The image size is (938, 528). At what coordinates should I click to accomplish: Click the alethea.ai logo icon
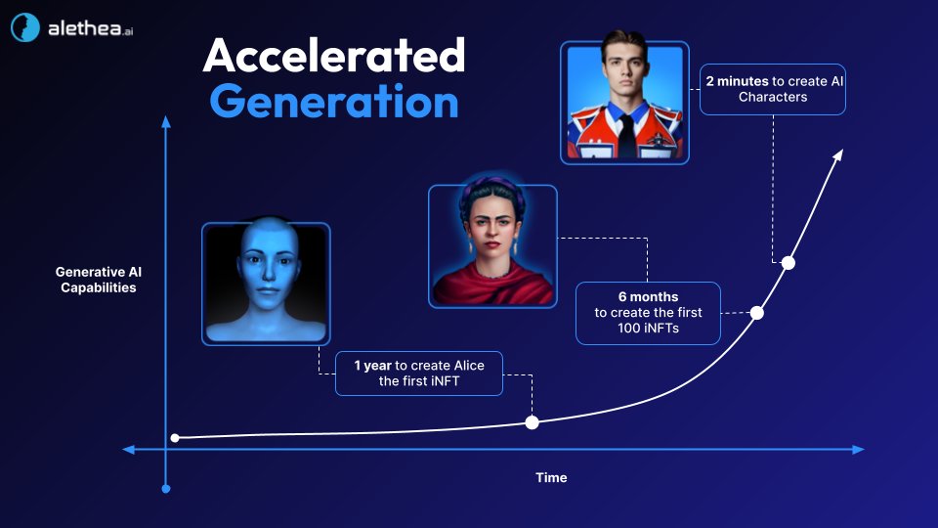[25, 28]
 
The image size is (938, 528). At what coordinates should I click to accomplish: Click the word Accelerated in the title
[333, 57]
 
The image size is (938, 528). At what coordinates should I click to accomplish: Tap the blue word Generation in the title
[333, 101]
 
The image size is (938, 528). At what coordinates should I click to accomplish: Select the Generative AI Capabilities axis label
[96, 280]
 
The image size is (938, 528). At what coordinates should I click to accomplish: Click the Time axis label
[551, 478]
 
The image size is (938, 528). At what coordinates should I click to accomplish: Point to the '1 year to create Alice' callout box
[418, 374]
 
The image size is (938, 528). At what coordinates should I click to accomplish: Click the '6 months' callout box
[647, 313]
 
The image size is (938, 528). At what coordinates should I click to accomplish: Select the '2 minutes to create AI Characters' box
[772, 89]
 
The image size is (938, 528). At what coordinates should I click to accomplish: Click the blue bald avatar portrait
[266, 284]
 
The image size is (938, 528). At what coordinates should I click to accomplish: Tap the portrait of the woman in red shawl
[492, 245]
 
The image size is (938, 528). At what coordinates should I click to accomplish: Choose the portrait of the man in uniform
[624, 102]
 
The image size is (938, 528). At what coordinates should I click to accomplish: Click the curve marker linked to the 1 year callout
[532, 422]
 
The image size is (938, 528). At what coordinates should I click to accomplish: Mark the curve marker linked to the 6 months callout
[756, 313]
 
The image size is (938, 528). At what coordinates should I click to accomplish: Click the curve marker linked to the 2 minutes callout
[789, 262]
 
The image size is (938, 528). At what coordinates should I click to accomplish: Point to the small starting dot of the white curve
[175, 438]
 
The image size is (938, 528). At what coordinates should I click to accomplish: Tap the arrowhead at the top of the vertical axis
[166, 122]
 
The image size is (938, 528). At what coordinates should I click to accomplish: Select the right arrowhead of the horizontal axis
[858, 450]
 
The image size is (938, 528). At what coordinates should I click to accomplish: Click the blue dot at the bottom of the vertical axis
[166, 488]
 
